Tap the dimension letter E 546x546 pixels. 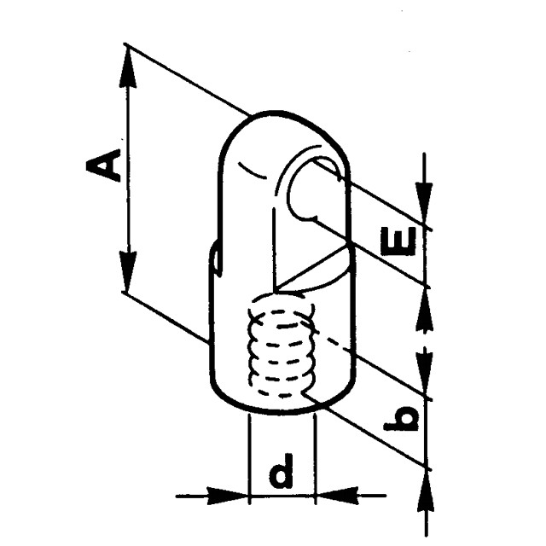399,241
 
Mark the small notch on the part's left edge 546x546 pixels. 215,258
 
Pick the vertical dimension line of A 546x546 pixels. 127,171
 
